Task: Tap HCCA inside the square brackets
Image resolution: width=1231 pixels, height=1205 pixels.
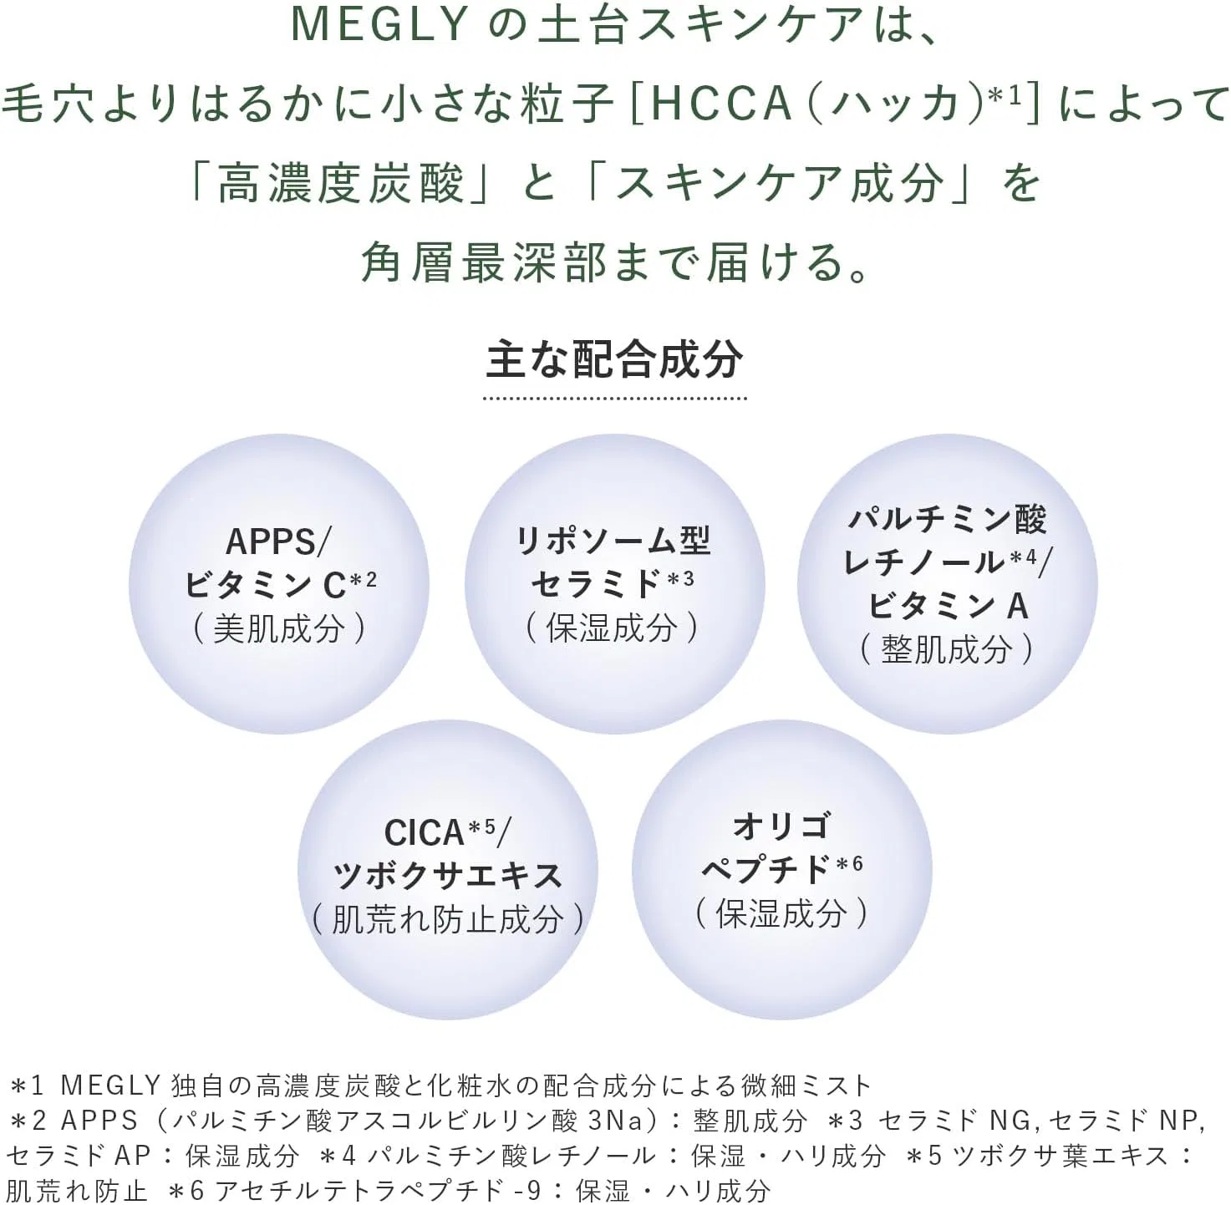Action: coord(722,104)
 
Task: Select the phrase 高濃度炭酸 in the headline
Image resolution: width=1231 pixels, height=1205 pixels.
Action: coord(340,185)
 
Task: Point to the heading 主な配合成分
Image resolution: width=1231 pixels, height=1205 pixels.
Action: coord(614,359)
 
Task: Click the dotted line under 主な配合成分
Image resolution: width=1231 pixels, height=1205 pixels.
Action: coord(614,398)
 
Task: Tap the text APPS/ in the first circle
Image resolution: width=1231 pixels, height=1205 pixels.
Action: coord(278,542)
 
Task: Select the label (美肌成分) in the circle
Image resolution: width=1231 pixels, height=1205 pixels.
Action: coord(279,628)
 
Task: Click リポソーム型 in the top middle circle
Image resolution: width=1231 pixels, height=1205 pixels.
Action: coord(613,541)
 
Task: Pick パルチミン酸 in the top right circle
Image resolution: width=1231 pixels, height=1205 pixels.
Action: coord(948,519)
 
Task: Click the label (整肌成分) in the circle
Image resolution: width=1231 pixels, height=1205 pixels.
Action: coord(948,650)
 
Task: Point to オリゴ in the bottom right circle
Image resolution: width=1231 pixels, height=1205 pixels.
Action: coord(781,826)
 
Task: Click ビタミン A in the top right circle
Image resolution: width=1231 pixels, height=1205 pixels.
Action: coord(948,606)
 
